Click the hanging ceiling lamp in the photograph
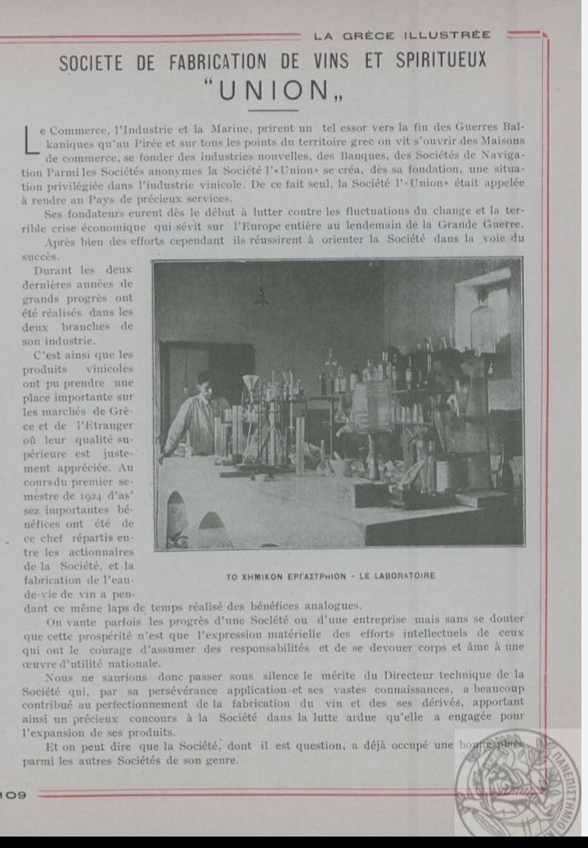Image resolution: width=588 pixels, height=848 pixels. click(262, 295)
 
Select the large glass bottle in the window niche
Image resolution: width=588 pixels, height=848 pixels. click(482, 324)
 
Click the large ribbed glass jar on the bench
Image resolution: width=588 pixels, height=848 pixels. click(373, 406)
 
